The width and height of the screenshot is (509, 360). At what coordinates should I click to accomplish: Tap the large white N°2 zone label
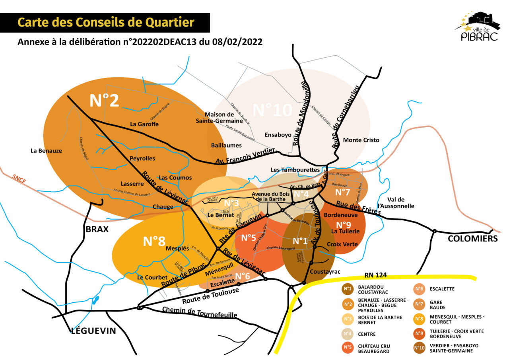[104, 101]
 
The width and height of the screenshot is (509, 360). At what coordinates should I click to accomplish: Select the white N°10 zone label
[272, 110]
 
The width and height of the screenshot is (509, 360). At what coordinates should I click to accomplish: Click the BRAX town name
[97, 229]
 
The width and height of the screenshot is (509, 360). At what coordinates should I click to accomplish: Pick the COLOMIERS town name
[472, 239]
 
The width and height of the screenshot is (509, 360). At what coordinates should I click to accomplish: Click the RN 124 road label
[376, 275]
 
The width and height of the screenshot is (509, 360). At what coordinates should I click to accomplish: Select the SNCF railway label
[19, 179]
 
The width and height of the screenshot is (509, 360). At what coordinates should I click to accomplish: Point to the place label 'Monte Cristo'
[361, 140]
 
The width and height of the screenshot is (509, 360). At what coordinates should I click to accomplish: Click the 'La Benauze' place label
[46, 151]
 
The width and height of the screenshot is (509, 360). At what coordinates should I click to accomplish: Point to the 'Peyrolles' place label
[142, 158]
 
